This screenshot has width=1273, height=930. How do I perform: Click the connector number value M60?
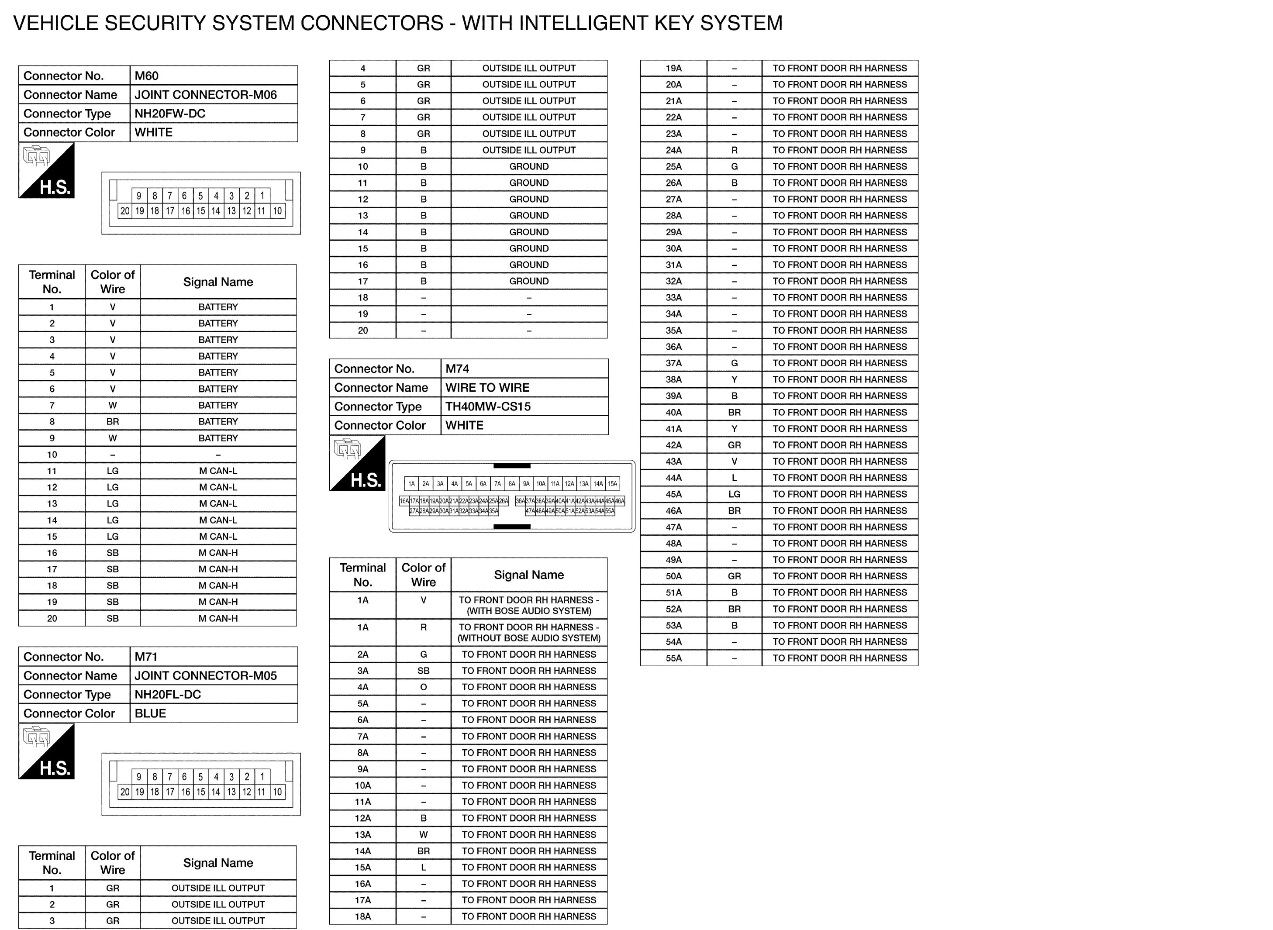(146, 76)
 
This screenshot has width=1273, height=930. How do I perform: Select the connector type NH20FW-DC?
(169, 114)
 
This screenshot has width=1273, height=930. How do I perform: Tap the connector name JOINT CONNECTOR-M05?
(206, 675)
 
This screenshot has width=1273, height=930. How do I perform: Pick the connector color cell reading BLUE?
(150, 713)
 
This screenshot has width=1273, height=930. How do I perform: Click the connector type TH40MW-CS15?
(487, 406)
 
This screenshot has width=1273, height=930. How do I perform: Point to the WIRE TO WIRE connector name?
(487, 388)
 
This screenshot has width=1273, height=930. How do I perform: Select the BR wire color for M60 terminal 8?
(113, 422)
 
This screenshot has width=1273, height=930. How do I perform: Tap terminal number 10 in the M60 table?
(52, 455)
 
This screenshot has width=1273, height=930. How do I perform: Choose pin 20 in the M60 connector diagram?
(124, 211)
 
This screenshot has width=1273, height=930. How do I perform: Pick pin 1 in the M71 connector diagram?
(262, 776)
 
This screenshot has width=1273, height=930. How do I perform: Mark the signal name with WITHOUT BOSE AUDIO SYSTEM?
(529, 633)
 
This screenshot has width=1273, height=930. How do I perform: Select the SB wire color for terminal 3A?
(424, 671)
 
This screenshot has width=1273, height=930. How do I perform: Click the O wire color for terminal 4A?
(424, 687)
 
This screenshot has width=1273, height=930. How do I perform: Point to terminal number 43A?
(673, 462)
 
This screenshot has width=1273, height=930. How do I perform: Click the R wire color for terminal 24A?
(734, 150)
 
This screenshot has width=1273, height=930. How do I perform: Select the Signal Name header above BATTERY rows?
(218, 282)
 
